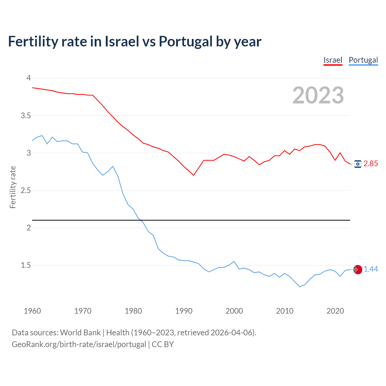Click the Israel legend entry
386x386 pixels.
click(333, 60)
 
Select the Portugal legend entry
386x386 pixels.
click(363, 60)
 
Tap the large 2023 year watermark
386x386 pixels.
click(318, 95)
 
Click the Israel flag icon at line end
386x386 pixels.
click(358, 164)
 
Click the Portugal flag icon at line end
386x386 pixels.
click(358, 269)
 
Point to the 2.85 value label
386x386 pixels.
click(371, 164)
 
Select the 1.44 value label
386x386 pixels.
click(371, 269)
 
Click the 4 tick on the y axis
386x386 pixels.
click(29, 78)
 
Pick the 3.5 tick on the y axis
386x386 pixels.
click(26, 115)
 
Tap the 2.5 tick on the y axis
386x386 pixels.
click(26, 190)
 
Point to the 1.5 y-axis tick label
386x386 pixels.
click(26, 265)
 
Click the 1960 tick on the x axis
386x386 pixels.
click(32, 311)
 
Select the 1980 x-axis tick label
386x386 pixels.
click(133, 311)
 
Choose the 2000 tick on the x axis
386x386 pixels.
click(234, 311)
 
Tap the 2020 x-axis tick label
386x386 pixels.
click(335, 311)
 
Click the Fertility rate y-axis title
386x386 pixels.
click(13, 187)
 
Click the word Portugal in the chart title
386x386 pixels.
click(185, 42)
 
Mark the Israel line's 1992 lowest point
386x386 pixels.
click(194, 175)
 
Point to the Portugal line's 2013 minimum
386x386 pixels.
click(300, 287)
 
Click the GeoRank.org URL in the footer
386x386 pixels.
click(79, 344)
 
